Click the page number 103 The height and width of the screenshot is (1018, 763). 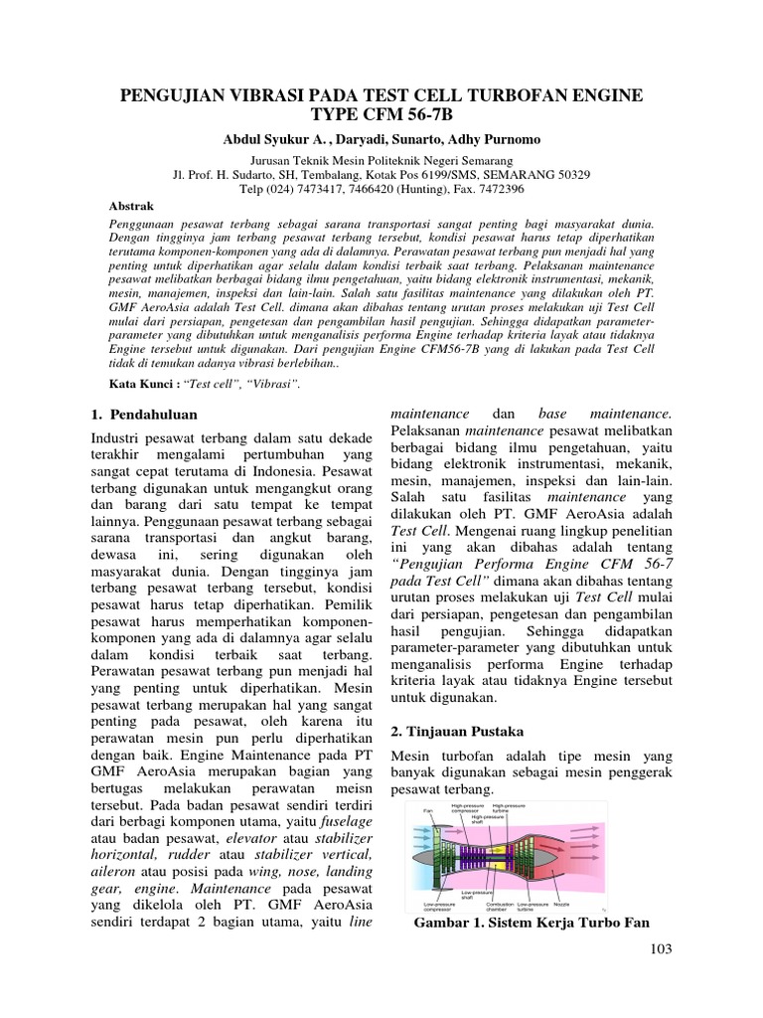pos(658,949)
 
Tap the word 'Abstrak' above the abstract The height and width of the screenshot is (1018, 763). pos(130,205)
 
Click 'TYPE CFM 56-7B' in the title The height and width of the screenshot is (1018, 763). pos(381,114)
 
